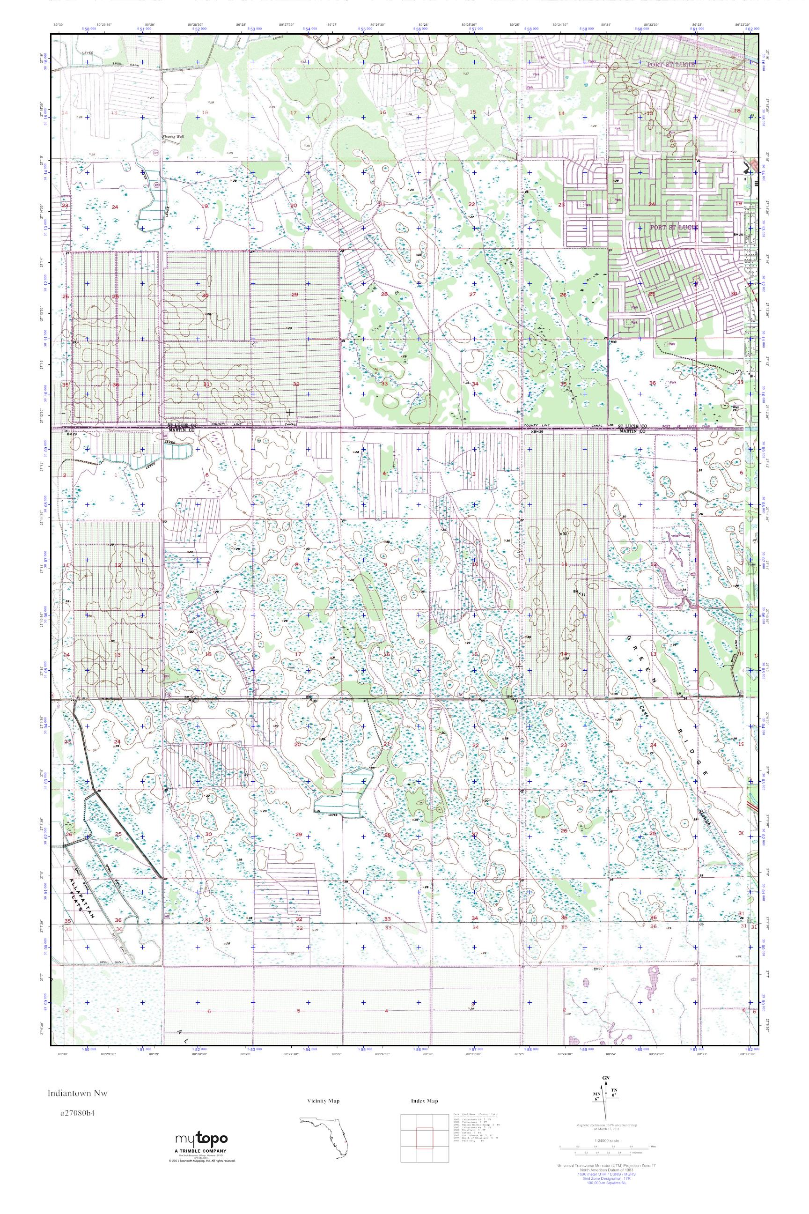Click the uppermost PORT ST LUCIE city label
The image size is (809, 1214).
[671, 65]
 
